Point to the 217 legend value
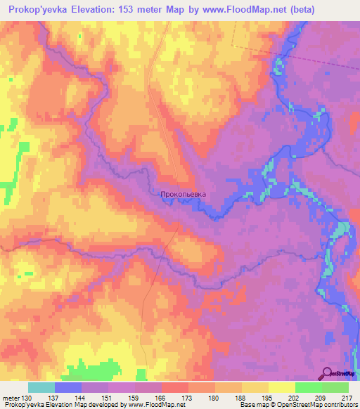click(347, 398)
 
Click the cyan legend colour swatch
click(41, 387)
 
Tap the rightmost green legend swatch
click(335, 387)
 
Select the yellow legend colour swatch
click(282, 387)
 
